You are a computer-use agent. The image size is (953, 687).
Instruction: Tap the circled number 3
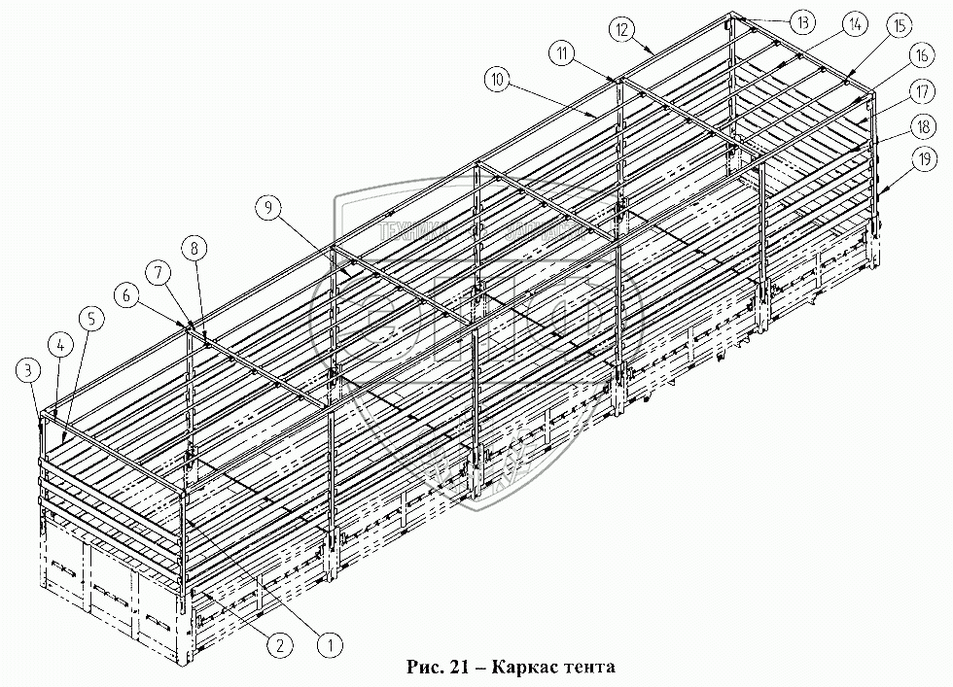(28, 368)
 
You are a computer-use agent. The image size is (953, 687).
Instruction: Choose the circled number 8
(195, 249)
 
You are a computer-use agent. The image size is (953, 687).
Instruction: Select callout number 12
(623, 28)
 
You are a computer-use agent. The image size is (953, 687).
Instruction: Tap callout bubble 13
(801, 21)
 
